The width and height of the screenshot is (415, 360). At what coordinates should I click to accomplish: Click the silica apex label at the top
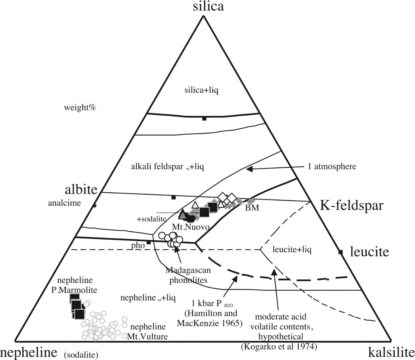[x=208, y=7]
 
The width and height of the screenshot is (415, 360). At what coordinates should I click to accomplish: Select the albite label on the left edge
[x=81, y=190]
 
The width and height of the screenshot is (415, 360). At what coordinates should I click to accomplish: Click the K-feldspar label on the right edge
[x=351, y=205]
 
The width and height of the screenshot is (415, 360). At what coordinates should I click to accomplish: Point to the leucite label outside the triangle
[x=369, y=252]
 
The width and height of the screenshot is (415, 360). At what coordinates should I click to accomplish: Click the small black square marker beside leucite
[x=341, y=252]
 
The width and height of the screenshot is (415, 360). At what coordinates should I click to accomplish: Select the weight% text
[x=80, y=108]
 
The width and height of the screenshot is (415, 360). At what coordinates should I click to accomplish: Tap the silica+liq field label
[x=201, y=90]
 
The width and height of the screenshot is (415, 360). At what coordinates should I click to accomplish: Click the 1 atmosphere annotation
[x=332, y=166]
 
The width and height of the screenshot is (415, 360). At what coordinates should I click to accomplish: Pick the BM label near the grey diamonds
[x=252, y=208]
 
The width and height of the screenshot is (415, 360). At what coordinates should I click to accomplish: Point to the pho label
[x=138, y=245]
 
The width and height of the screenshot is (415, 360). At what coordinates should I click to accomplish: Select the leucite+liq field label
[x=292, y=249]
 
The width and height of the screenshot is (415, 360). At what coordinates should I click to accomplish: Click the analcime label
[x=64, y=203]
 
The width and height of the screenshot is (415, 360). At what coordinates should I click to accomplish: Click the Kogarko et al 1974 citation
[x=279, y=347]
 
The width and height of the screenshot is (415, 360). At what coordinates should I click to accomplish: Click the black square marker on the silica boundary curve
[x=204, y=118]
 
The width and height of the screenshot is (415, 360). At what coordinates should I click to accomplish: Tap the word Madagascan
[x=188, y=270]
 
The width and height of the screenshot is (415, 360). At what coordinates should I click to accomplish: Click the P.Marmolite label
[x=74, y=290]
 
